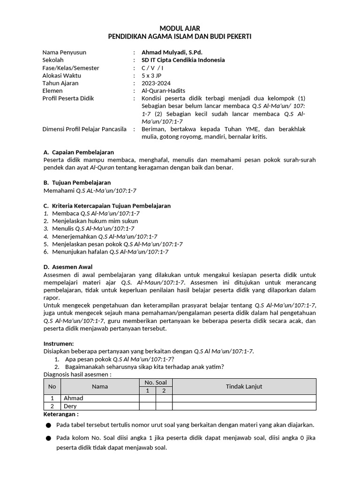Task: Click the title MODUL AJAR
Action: pyautogui.click(x=180, y=29)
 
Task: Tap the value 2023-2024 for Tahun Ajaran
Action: pyautogui.click(x=156, y=83)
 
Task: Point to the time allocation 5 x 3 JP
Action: pyautogui.click(x=153, y=75)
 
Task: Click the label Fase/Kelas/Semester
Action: pyautogui.click(x=71, y=68)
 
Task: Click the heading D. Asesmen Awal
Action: pyautogui.click(x=67, y=267)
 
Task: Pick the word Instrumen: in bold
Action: pyautogui.click(x=59, y=344)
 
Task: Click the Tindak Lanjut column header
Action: pyautogui.click(x=244, y=386)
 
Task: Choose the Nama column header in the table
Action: pyautogui.click(x=100, y=386)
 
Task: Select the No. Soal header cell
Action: pyautogui.click(x=156, y=382)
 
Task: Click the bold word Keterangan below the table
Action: pyautogui.click(x=61, y=414)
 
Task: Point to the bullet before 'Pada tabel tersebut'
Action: pyautogui.click(x=48, y=425)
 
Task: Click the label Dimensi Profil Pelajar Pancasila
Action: pyautogui.click(x=84, y=129)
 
